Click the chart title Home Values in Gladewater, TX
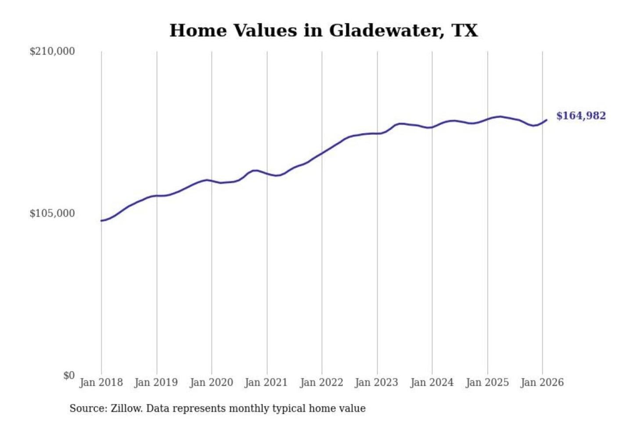coord(323,30)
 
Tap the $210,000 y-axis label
coord(52,51)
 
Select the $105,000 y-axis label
coord(52,214)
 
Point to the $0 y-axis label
coord(69,375)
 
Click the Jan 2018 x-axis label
coord(101,382)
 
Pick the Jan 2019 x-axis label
coord(156,382)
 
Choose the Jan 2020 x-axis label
coord(211,382)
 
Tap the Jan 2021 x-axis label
coord(266,382)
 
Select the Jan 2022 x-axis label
coord(321,382)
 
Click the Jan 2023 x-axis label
coord(377,382)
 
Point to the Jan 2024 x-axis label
coord(432,382)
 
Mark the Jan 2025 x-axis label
coord(487,382)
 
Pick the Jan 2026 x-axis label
coord(542,382)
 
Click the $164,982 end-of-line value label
coord(581,116)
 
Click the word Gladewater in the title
coord(386,30)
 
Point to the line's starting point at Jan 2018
coord(101,221)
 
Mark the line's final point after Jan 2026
coord(546,120)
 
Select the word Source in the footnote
coord(87,409)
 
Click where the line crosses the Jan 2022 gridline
coord(322,153)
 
